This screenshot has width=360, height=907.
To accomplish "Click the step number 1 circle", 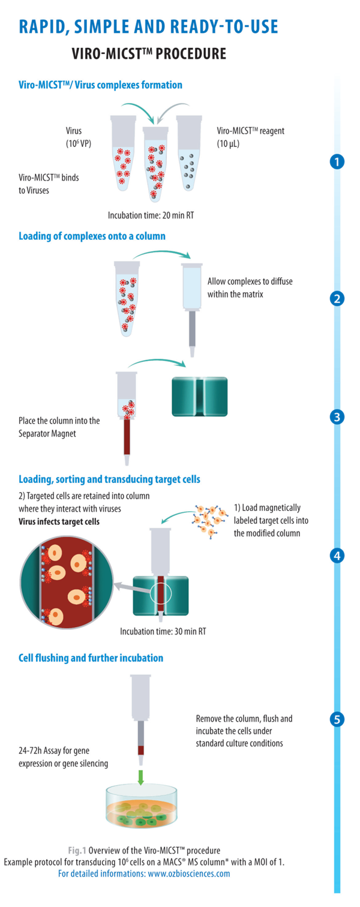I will pos(338,161).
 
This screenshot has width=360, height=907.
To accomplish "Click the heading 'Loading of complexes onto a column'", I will pos(92,236).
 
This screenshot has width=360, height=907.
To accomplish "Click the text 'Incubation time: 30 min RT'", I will pos(163,631).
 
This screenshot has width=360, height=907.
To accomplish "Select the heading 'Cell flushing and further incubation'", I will pos(91,658).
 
